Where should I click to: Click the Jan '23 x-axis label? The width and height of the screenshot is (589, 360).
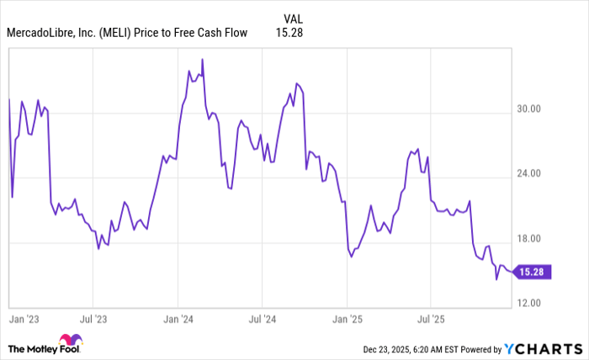point(23,320)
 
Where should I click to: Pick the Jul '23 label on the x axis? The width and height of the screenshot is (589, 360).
point(93,320)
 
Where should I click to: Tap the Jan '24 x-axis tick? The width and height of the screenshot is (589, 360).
point(178,320)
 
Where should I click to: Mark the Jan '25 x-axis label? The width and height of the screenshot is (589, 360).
point(347,320)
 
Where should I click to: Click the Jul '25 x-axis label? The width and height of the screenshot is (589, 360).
point(430,320)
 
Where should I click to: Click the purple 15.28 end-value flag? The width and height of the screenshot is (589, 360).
point(533,272)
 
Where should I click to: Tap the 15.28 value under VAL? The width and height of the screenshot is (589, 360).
point(289,33)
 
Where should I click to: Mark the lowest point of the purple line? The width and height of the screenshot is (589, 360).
point(496,278)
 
